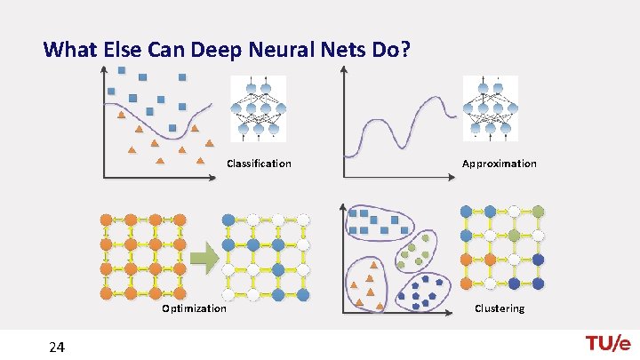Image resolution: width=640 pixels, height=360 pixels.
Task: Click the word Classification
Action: pyautogui.click(x=259, y=164)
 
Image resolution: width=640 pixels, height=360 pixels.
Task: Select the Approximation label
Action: pyautogui.click(x=499, y=164)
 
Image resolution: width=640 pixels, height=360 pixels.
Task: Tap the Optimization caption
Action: pyautogui.click(x=194, y=308)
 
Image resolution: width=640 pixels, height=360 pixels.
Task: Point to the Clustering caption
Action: pyautogui.click(x=500, y=308)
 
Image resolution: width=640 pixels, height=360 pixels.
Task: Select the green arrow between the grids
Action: pyautogui.click(x=205, y=259)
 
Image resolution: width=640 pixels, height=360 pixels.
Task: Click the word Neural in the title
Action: pyautogui.click(x=256, y=49)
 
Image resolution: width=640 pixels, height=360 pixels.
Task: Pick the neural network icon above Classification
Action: pyautogui.click(x=258, y=108)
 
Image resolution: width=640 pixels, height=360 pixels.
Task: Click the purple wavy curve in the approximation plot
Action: pyautogui.click(x=400, y=124)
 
